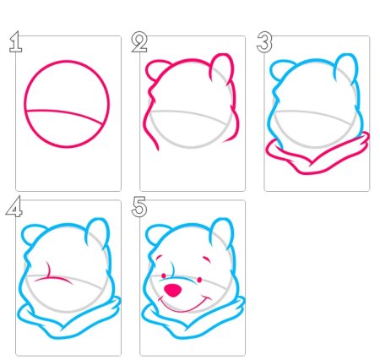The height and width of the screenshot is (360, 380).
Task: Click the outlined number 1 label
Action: (16, 42)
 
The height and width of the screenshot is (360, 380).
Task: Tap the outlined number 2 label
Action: (139, 42)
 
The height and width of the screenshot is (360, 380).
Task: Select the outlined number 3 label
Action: (264, 42)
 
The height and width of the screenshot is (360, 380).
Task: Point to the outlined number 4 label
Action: (14, 206)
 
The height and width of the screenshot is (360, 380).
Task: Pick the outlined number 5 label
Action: (139, 207)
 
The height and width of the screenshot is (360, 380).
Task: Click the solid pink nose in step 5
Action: (172, 291)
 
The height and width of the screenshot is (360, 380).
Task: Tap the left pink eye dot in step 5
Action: (163, 275)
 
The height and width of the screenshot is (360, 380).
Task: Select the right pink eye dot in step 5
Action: (199, 280)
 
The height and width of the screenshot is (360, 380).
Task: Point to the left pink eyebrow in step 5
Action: (159, 257)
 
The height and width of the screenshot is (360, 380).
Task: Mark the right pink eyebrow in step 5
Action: (207, 259)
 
